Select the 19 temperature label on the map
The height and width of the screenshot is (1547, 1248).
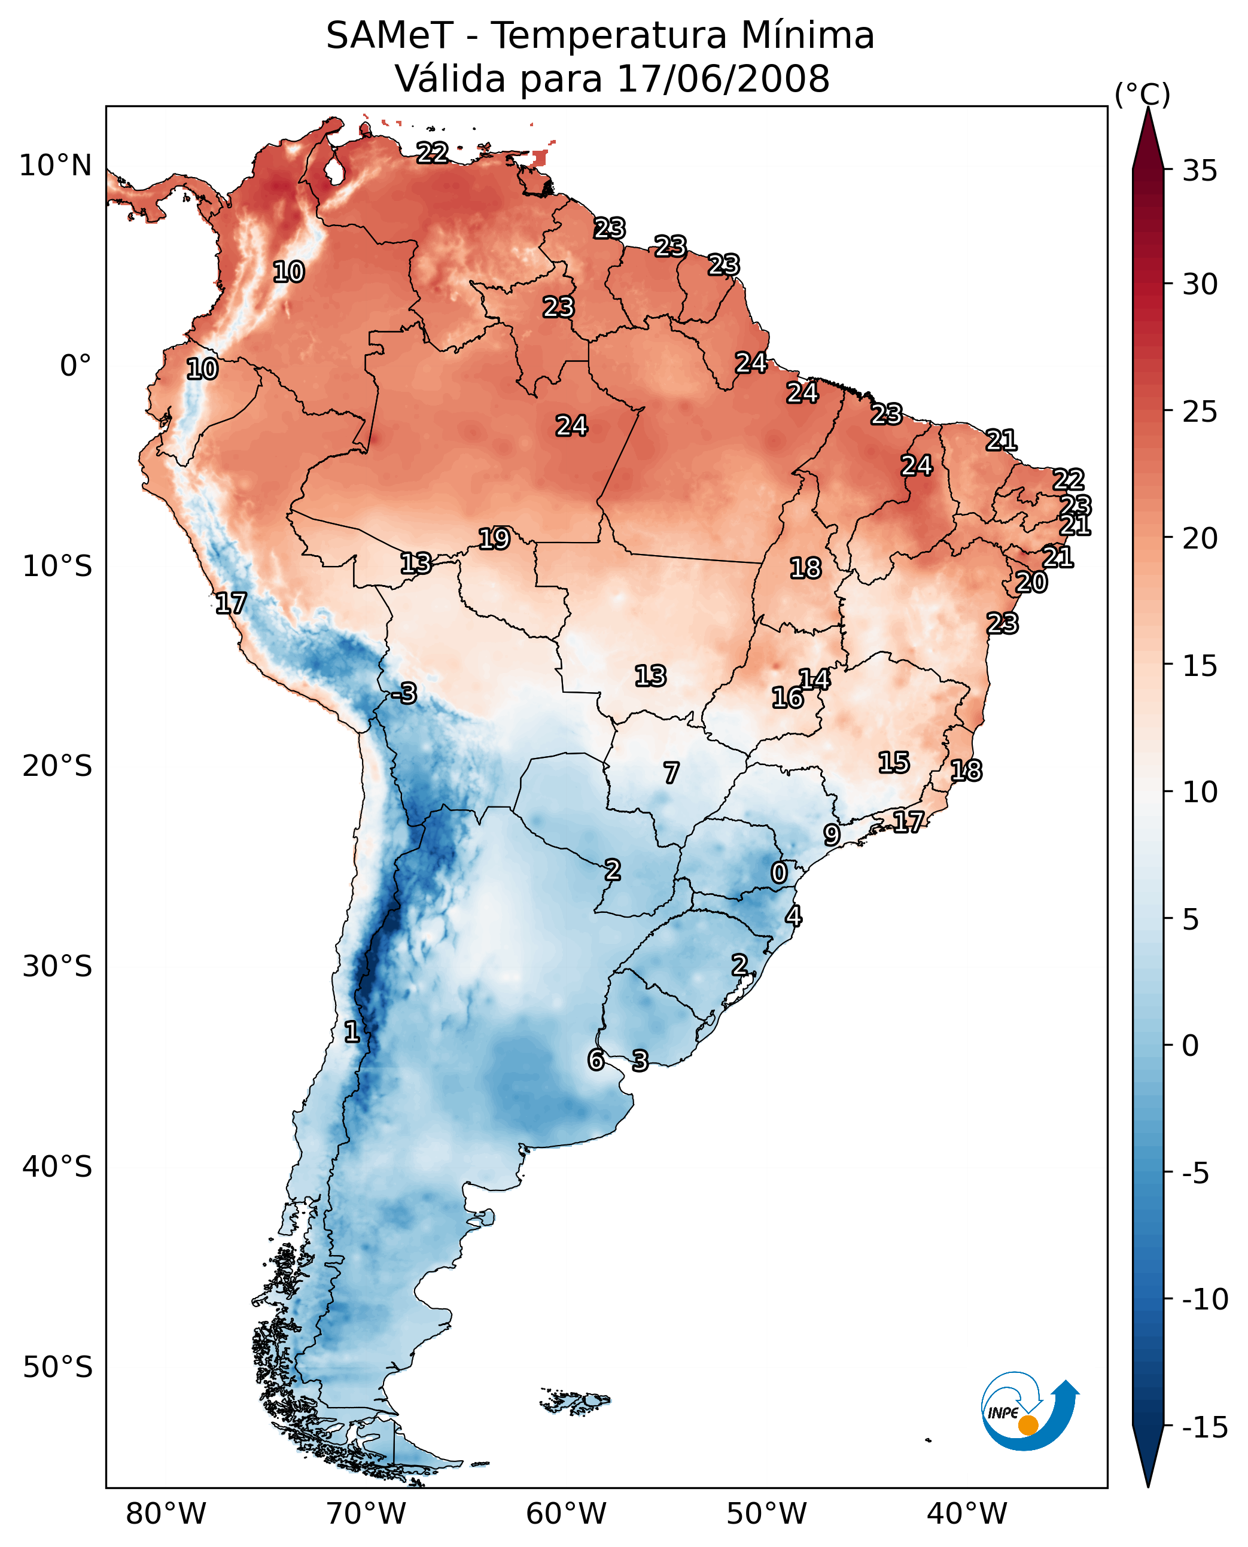click(495, 538)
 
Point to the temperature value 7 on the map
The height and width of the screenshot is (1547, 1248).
click(671, 773)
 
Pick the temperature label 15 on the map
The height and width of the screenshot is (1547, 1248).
click(894, 762)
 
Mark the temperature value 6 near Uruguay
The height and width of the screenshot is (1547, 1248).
click(596, 1059)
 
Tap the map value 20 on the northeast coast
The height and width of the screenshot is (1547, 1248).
click(1031, 582)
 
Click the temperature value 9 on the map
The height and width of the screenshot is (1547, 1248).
click(832, 835)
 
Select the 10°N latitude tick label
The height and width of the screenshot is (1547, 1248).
click(56, 166)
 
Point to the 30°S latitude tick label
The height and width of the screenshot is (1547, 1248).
click(57, 967)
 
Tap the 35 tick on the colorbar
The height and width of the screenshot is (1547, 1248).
click(1200, 171)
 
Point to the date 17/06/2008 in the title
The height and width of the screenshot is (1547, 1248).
click(723, 79)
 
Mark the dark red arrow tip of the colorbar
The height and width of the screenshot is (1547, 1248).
click(1148, 110)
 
